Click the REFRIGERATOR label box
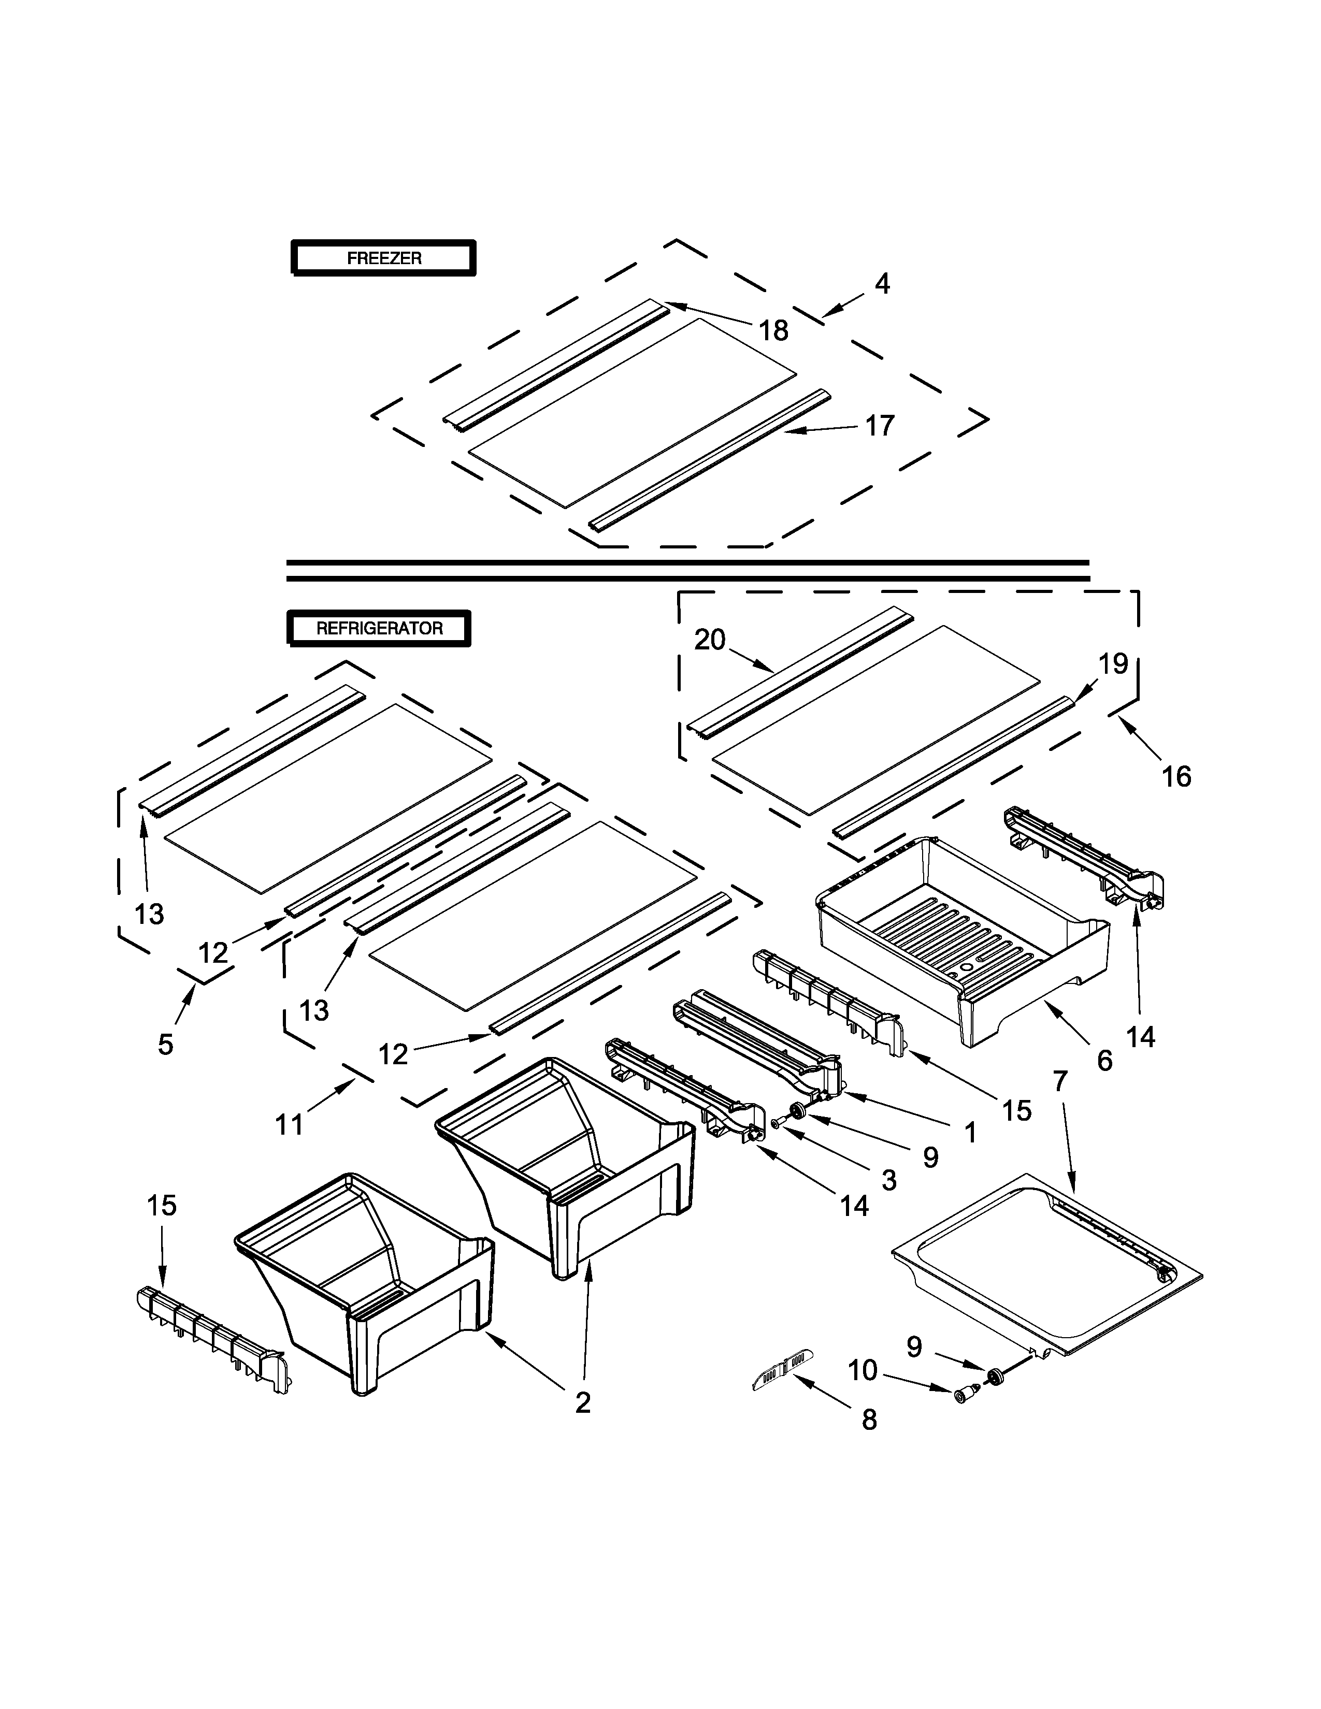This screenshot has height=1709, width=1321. click(380, 628)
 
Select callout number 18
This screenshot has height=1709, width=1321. click(773, 331)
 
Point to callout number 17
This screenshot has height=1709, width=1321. click(880, 426)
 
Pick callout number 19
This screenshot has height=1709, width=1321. click(1113, 664)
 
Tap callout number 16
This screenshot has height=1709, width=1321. click(1176, 776)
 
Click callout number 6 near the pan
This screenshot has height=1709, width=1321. click(1104, 1061)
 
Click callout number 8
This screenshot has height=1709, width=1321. click(869, 1420)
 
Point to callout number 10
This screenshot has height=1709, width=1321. click(863, 1370)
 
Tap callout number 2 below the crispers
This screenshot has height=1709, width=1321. click(582, 1403)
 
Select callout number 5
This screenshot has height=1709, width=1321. click(165, 1045)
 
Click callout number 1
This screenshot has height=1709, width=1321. click(970, 1132)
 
